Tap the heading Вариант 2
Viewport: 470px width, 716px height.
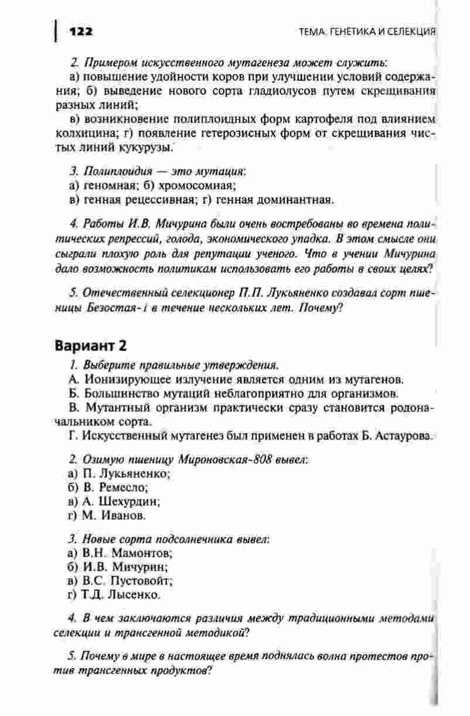coord(91,345)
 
